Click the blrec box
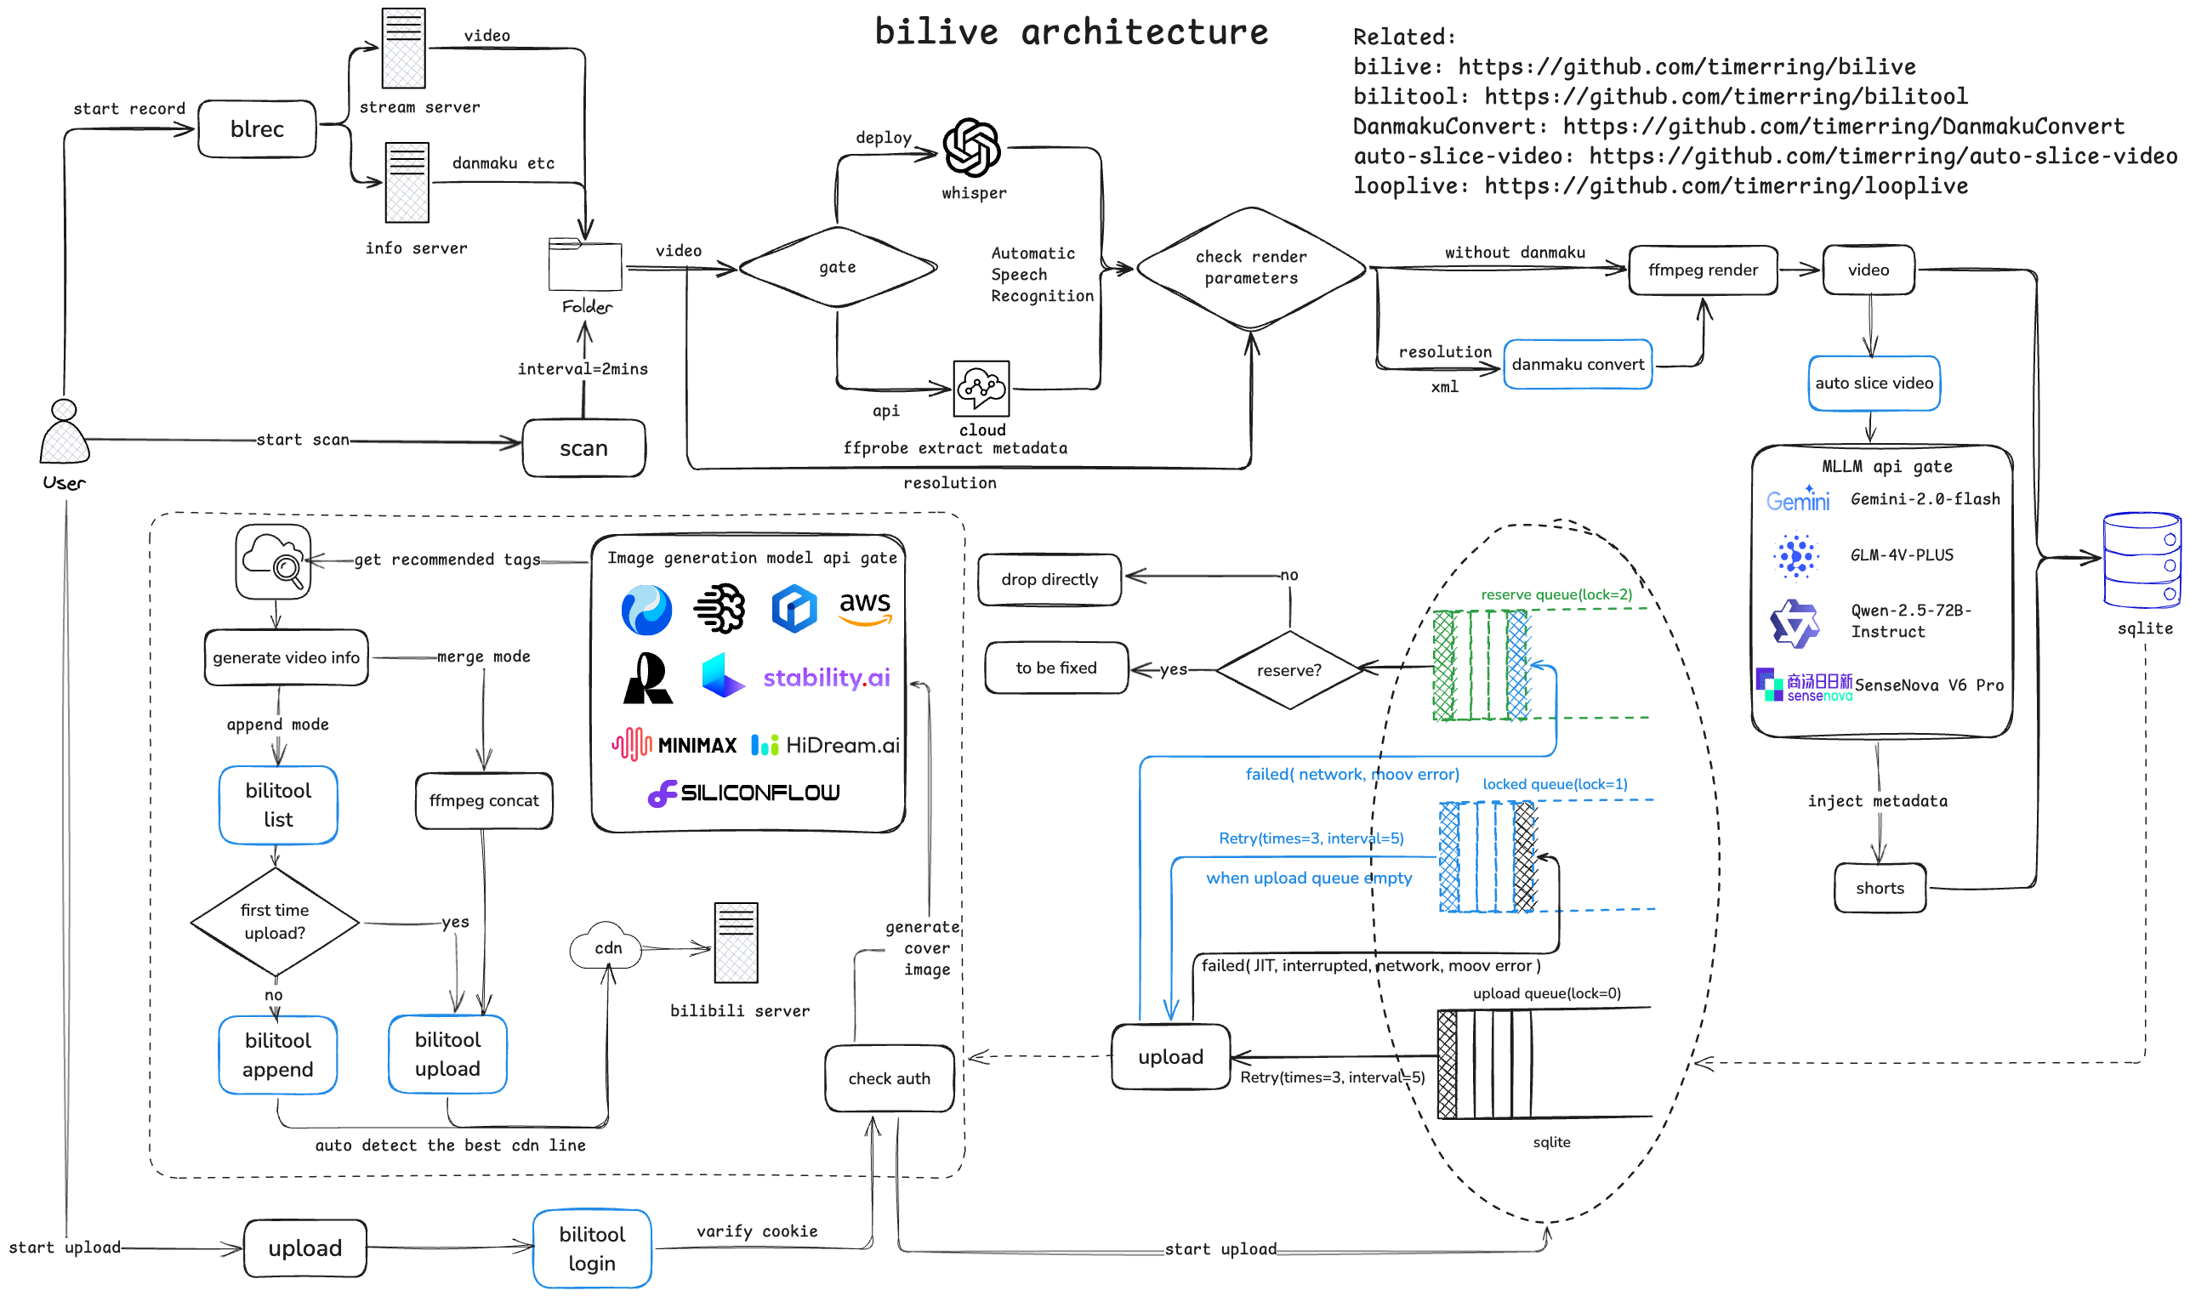point(257,129)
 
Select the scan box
point(583,448)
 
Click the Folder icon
point(585,264)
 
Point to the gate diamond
point(838,267)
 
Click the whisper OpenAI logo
point(971,148)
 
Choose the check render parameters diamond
point(1250,267)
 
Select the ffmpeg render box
point(1702,270)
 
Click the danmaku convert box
point(1577,364)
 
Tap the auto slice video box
point(1873,383)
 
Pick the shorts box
point(1879,888)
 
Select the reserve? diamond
point(1288,670)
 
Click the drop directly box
point(1049,579)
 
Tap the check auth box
point(889,1078)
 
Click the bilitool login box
point(592,1248)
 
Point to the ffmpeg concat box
point(484,800)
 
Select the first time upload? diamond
point(275,921)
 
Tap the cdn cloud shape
point(606,947)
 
